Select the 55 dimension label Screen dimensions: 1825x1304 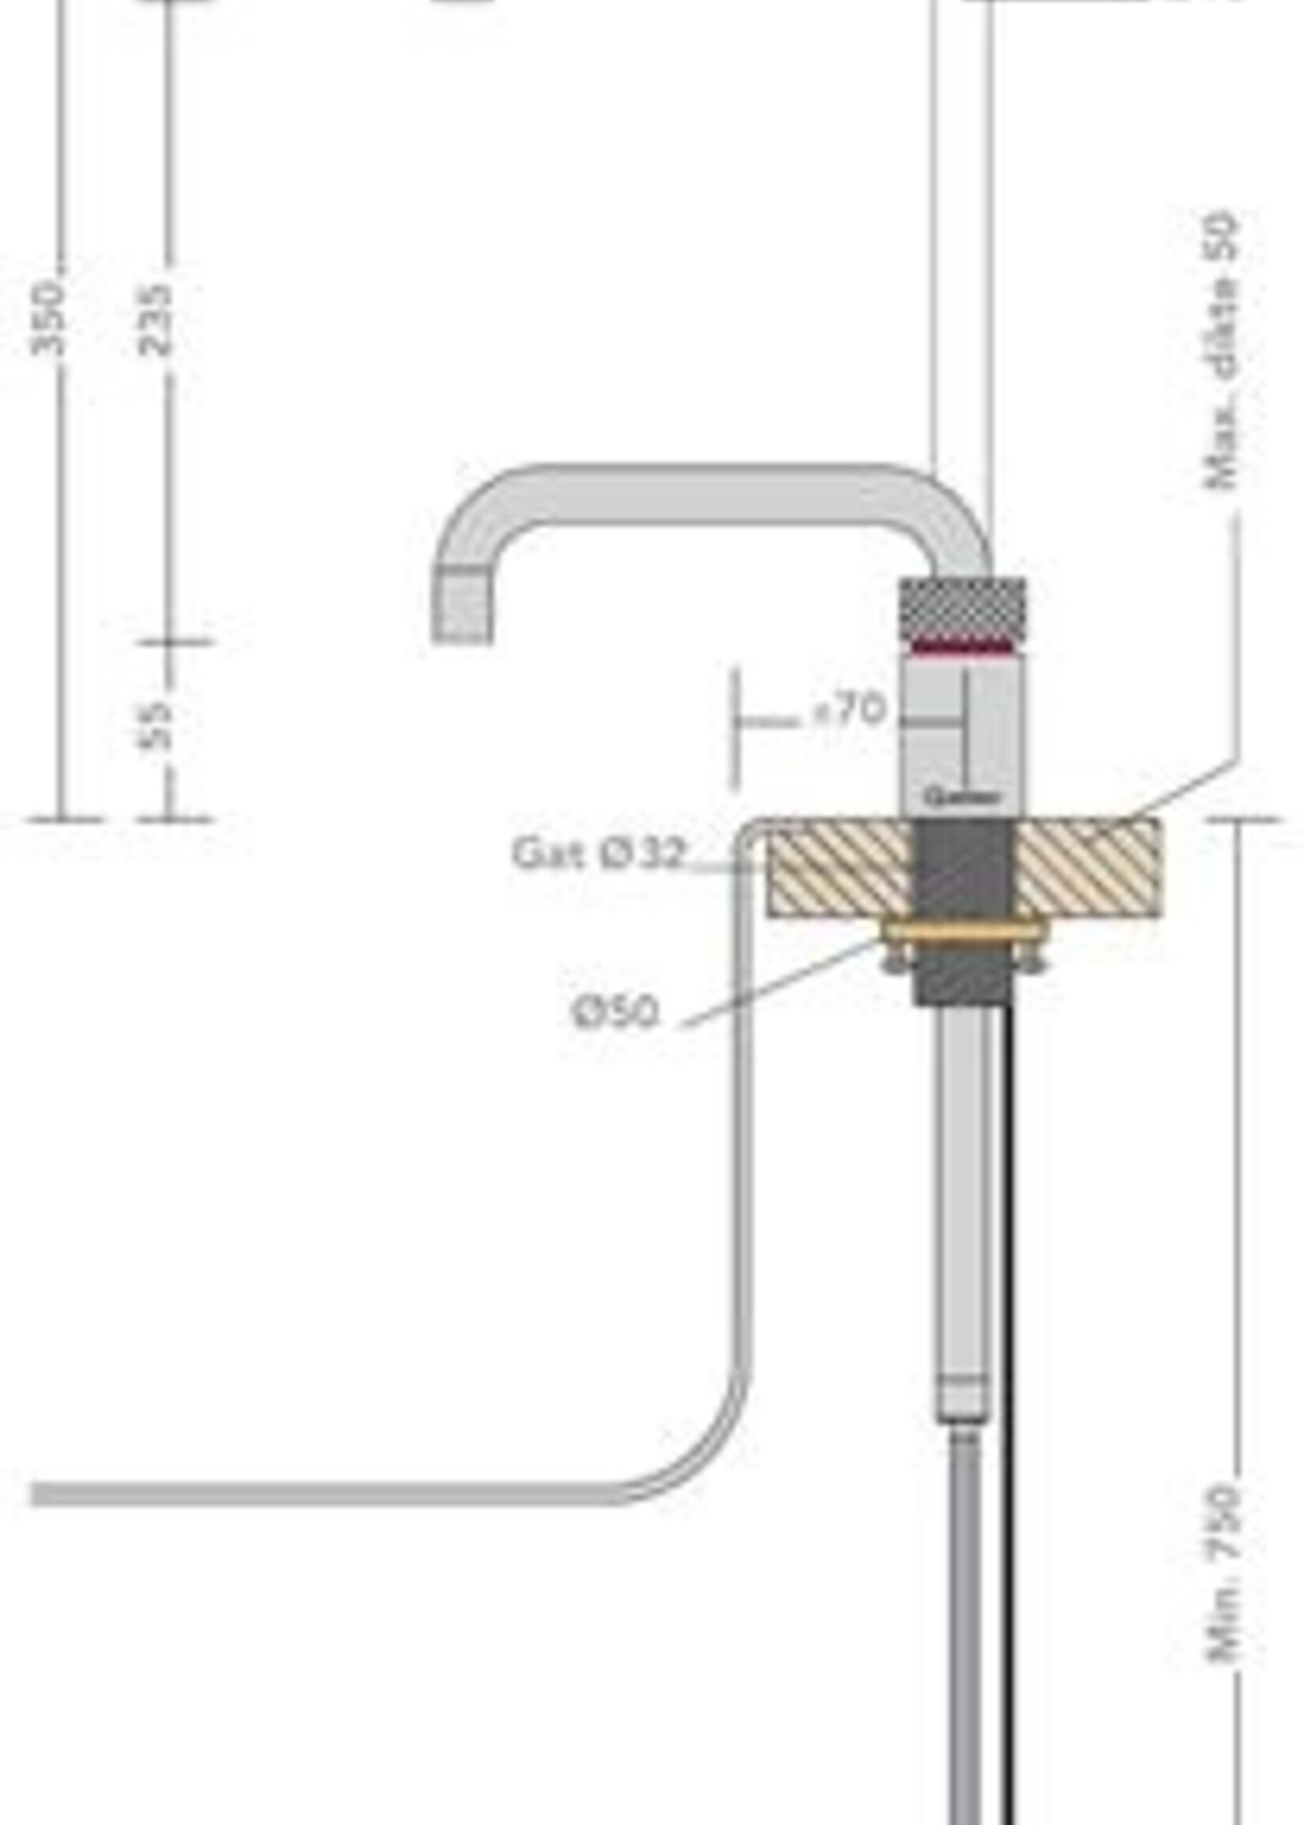pyautogui.click(x=155, y=727)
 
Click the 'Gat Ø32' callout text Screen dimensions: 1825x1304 pyautogui.click(x=598, y=853)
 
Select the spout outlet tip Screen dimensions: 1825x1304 pyautogui.click(x=463, y=604)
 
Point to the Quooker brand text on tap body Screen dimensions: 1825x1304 pyautogui.click(x=962, y=797)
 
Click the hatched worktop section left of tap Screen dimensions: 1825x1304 pyautogui.click(x=839, y=867)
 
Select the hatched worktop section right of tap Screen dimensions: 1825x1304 pyautogui.click(x=1088, y=867)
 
